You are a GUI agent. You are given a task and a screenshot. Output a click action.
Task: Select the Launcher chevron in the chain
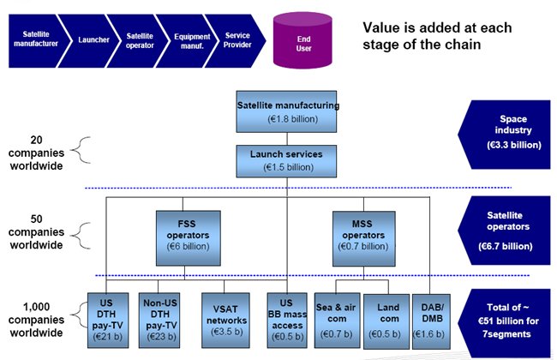[x=89, y=39]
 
